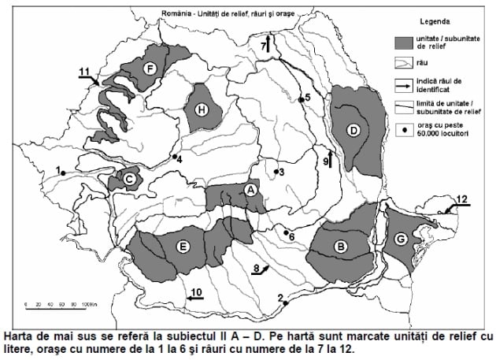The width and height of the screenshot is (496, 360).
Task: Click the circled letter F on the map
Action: click(x=149, y=69)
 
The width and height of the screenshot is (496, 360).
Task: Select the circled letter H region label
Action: click(x=202, y=110)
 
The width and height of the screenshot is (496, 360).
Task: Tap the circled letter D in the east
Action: click(x=354, y=129)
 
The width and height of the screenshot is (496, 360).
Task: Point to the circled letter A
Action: click(x=250, y=190)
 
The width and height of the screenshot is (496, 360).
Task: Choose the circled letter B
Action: click(x=340, y=247)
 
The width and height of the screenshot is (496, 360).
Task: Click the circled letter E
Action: click(x=183, y=247)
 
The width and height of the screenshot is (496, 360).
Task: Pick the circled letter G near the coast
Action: click(x=402, y=238)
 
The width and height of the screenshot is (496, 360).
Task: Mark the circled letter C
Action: click(x=128, y=180)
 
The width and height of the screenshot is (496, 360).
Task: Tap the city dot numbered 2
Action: click(x=285, y=302)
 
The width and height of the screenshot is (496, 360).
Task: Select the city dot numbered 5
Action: click(x=301, y=100)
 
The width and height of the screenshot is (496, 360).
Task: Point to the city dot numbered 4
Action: click(x=174, y=157)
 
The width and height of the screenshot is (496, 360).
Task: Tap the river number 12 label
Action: click(x=462, y=199)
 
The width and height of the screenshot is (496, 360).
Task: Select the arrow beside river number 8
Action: click(x=265, y=269)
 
